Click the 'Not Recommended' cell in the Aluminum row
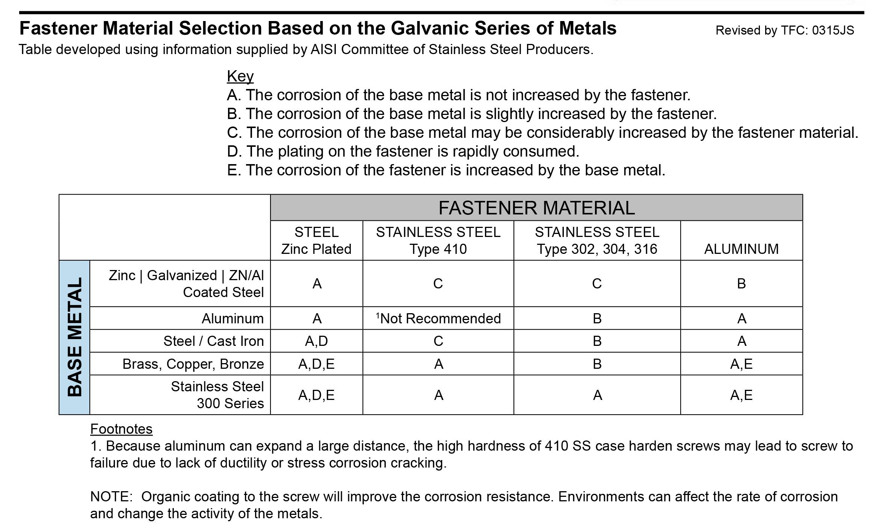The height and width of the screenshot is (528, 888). (438, 318)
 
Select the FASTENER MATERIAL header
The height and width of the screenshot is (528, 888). (536, 208)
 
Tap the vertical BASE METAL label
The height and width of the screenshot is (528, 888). (74, 337)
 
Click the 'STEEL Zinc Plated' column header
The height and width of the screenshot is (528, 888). (316, 240)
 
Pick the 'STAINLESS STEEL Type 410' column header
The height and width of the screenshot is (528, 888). (438, 240)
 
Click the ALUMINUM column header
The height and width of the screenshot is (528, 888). (741, 249)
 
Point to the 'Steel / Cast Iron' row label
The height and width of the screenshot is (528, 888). (213, 341)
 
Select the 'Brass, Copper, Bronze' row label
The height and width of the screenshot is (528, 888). (193, 364)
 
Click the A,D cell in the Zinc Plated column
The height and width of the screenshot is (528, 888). (316, 341)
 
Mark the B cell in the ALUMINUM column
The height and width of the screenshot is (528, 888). (741, 284)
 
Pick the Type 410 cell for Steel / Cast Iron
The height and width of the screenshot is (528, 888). (438, 341)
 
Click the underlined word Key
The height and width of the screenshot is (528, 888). (240, 76)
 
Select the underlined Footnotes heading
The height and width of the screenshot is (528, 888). (121, 429)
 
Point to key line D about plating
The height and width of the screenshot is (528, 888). (403, 151)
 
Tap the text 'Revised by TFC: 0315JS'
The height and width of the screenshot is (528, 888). (784, 30)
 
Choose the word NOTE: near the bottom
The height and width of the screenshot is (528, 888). (111, 496)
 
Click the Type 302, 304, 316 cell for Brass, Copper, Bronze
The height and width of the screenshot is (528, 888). (597, 364)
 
